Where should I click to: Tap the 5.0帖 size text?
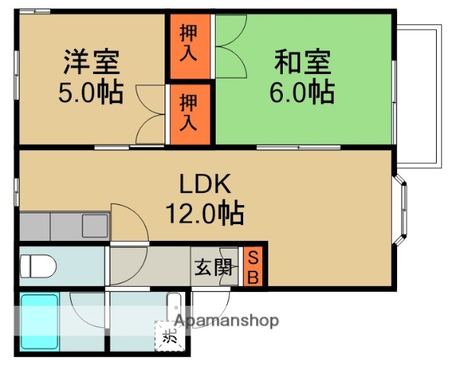coord(91,92)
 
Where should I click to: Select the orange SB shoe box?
coord(255,266)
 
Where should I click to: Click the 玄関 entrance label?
coord(212,268)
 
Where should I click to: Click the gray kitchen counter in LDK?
coord(64,226)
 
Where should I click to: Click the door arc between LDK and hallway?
coord(130,223)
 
